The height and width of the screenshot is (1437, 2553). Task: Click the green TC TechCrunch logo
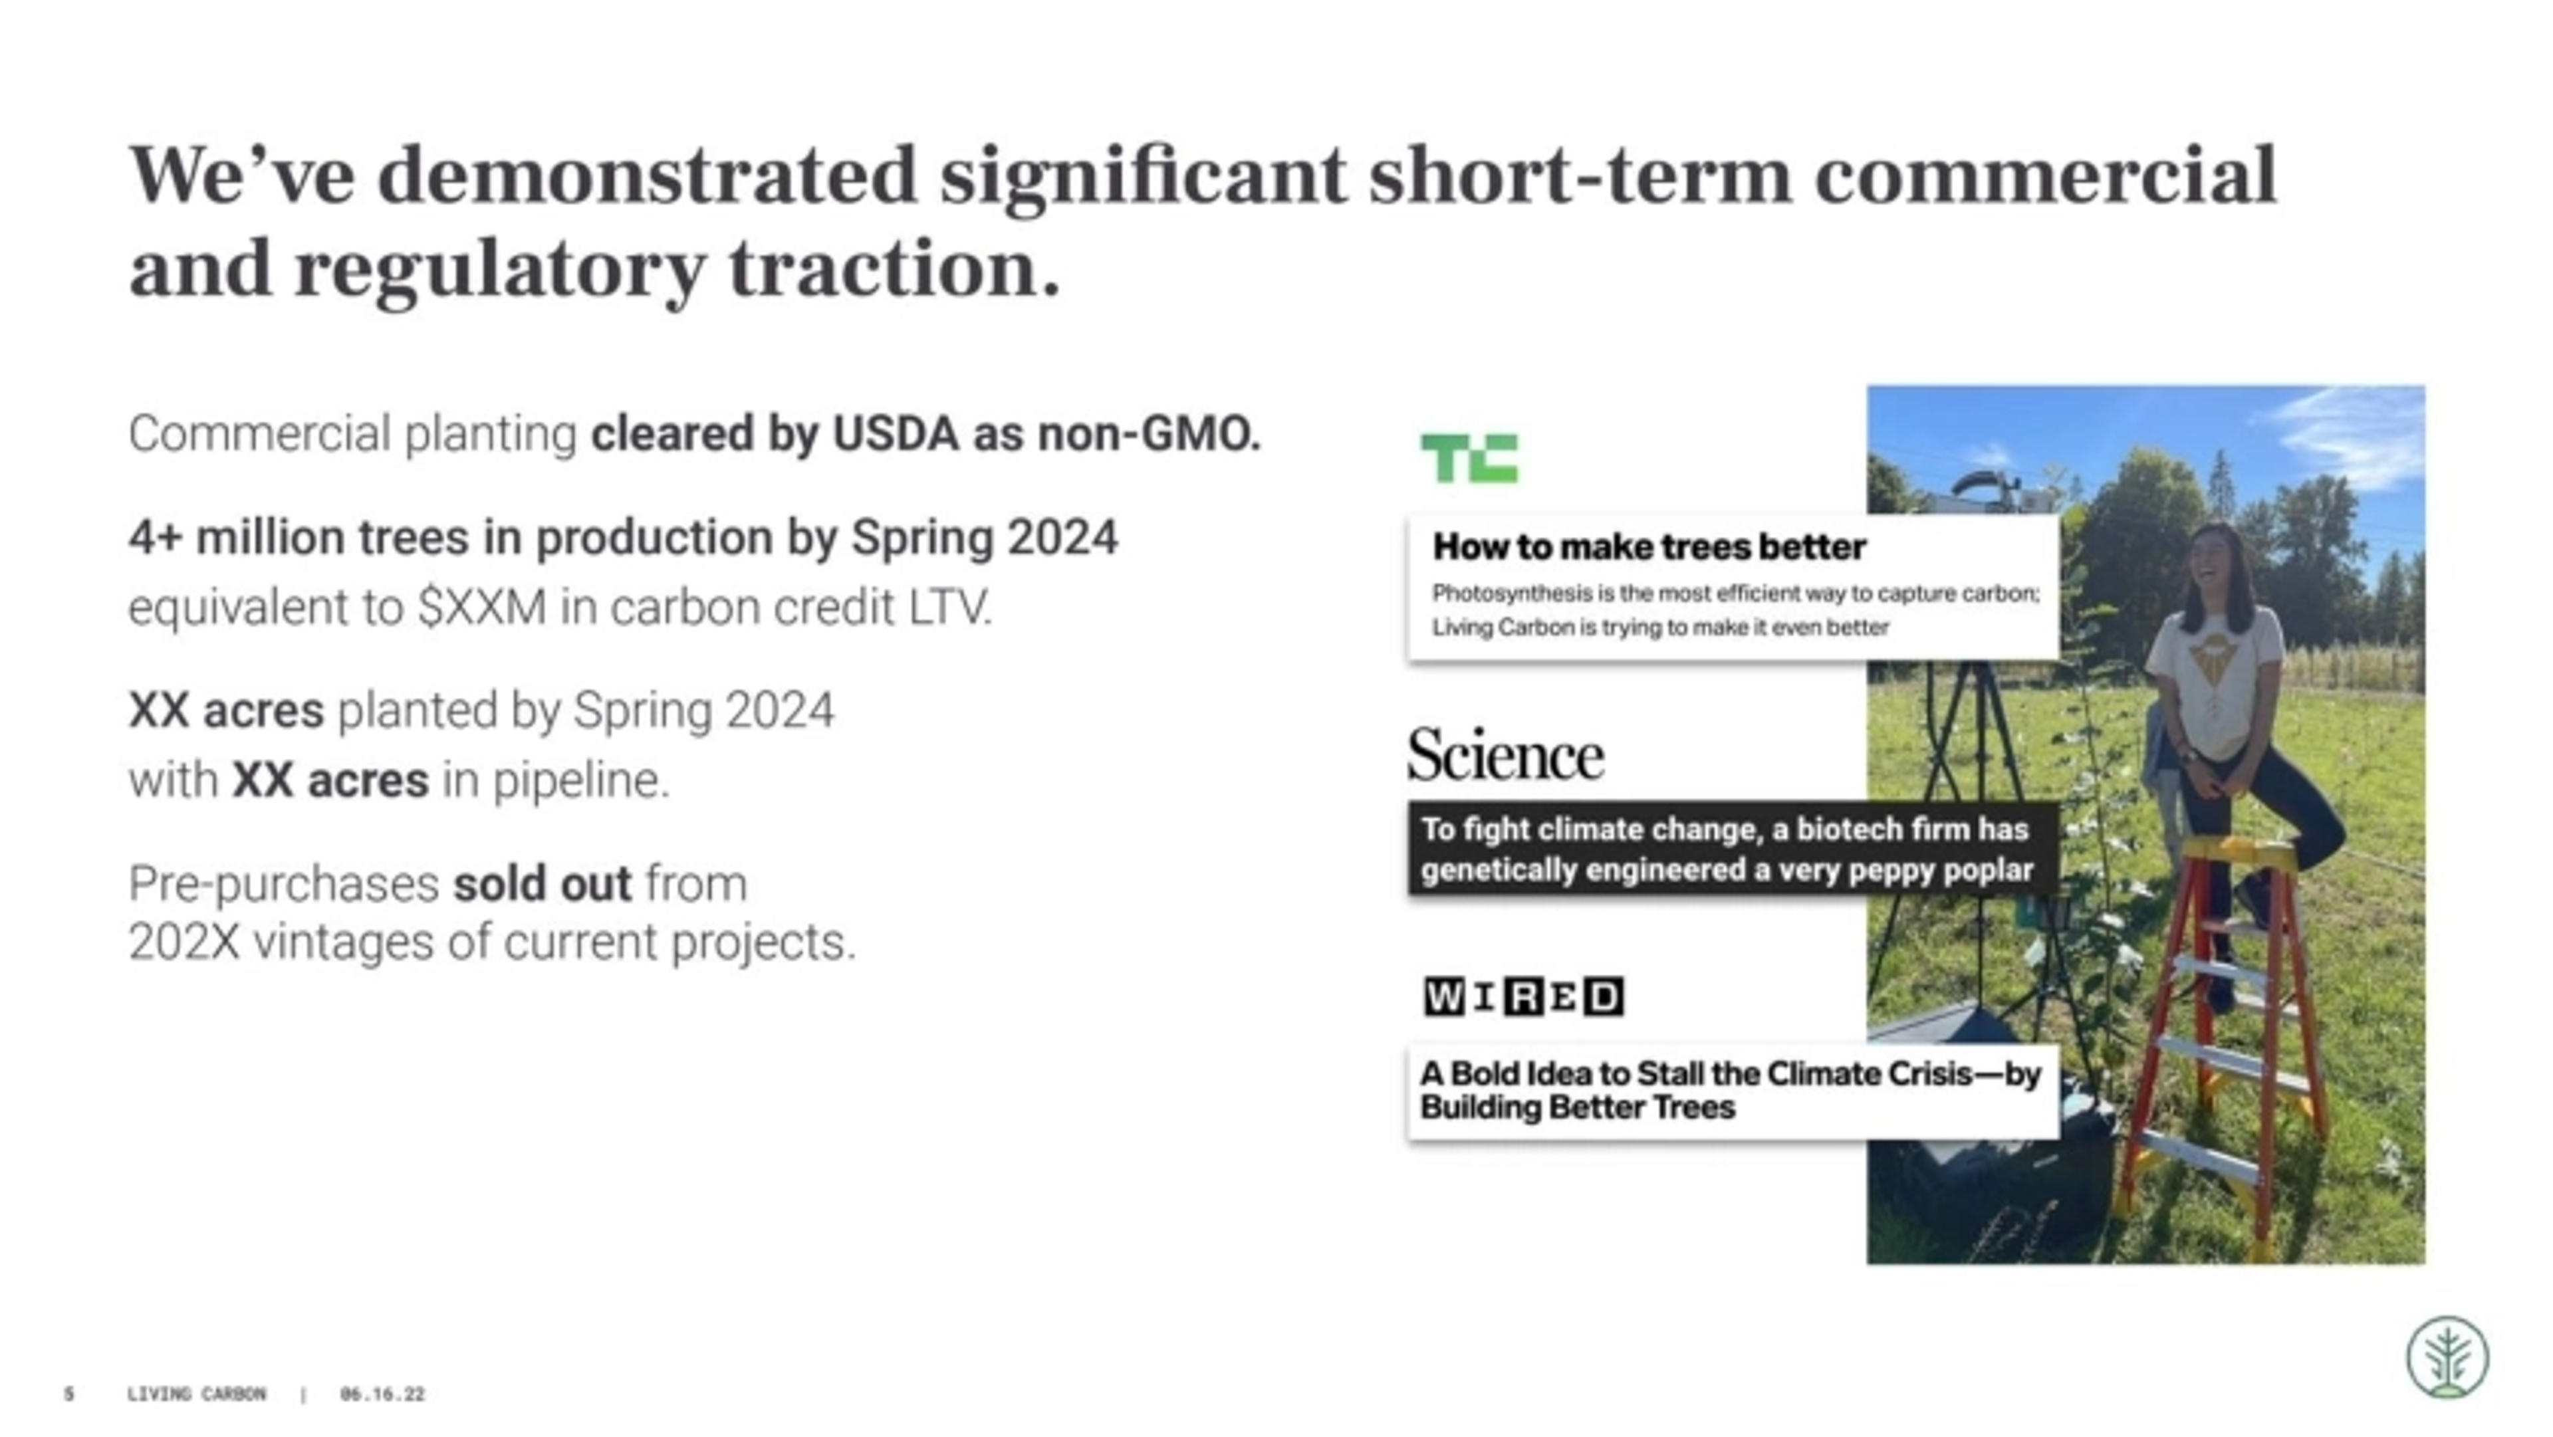coord(1469,458)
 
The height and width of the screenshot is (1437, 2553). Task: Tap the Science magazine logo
coord(1505,755)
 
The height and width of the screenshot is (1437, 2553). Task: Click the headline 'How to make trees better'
coord(1649,546)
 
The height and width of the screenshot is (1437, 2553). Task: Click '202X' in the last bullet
coord(184,941)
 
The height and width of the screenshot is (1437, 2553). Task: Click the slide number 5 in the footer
coord(68,1394)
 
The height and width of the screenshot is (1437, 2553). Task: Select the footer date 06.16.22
coord(382,1394)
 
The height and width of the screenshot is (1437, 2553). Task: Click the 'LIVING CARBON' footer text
coord(196,1394)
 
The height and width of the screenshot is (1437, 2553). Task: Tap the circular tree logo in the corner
coord(2447,1357)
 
